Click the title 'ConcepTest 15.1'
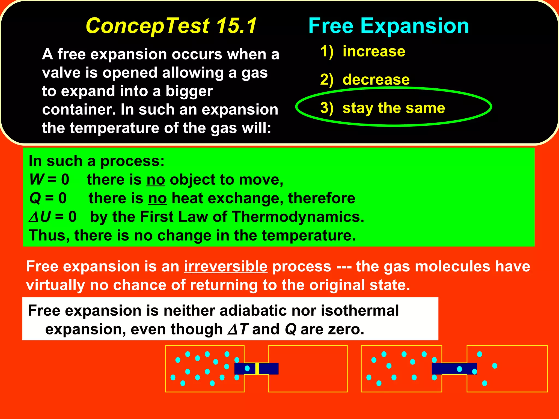(x=171, y=26)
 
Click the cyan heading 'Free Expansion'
(x=388, y=26)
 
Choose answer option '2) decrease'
(x=365, y=80)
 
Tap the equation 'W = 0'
(x=49, y=179)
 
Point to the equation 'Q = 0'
(x=48, y=198)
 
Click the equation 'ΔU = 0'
(x=53, y=217)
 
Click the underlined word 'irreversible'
(x=225, y=267)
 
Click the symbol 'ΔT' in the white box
(x=237, y=329)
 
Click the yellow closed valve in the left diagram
(x=257, y=369)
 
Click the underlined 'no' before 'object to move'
(x=156, y=180)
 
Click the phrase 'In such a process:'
(x=97, y=161)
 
